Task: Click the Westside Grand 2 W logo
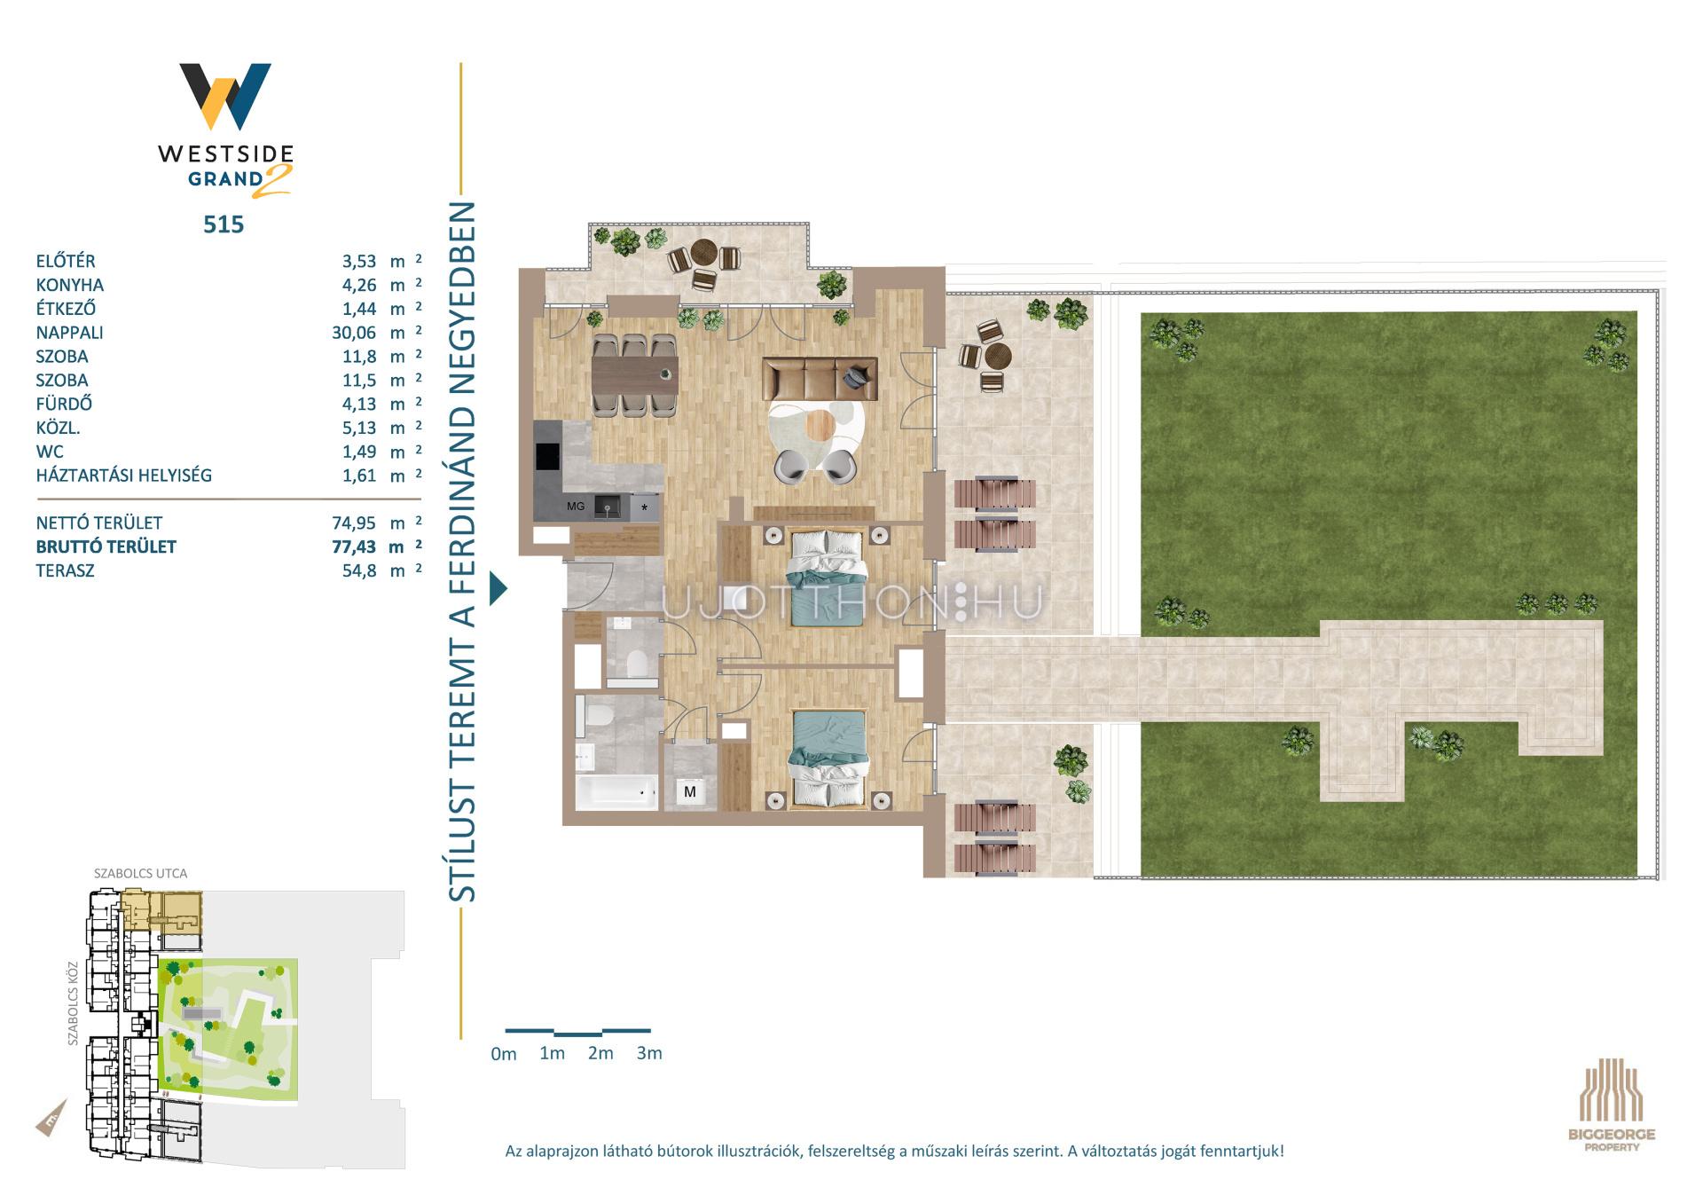coord(225,96)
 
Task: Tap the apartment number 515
coord(224,224)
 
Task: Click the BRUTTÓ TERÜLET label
coord(106,546)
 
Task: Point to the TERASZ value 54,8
coord(359,570)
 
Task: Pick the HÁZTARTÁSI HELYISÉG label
coord(124,476)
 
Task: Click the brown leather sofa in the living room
coord(820,379)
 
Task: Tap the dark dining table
coord(635,374)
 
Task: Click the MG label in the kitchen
coord(576,507)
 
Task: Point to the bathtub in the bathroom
coord(616,792)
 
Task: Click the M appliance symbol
coord(690,791)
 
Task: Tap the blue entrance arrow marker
coord(498,588)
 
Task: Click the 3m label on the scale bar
coord(649,1053)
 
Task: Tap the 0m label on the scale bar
coord(503,1054)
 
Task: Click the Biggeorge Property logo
coord(1612,1105)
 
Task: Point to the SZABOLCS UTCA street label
coord(141,874)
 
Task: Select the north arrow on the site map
coord(51,1118)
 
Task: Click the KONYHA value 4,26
coord(359,285)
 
